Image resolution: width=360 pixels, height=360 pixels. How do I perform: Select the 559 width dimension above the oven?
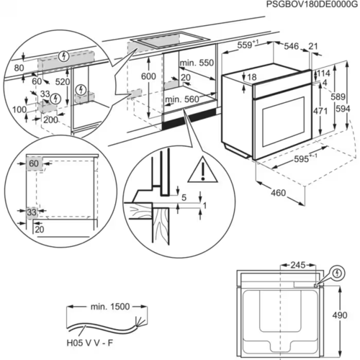tap(248, 46)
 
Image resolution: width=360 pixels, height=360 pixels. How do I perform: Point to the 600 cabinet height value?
tap(148, 77)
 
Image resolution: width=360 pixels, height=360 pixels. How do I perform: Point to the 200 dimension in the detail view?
tap(50, 120)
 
